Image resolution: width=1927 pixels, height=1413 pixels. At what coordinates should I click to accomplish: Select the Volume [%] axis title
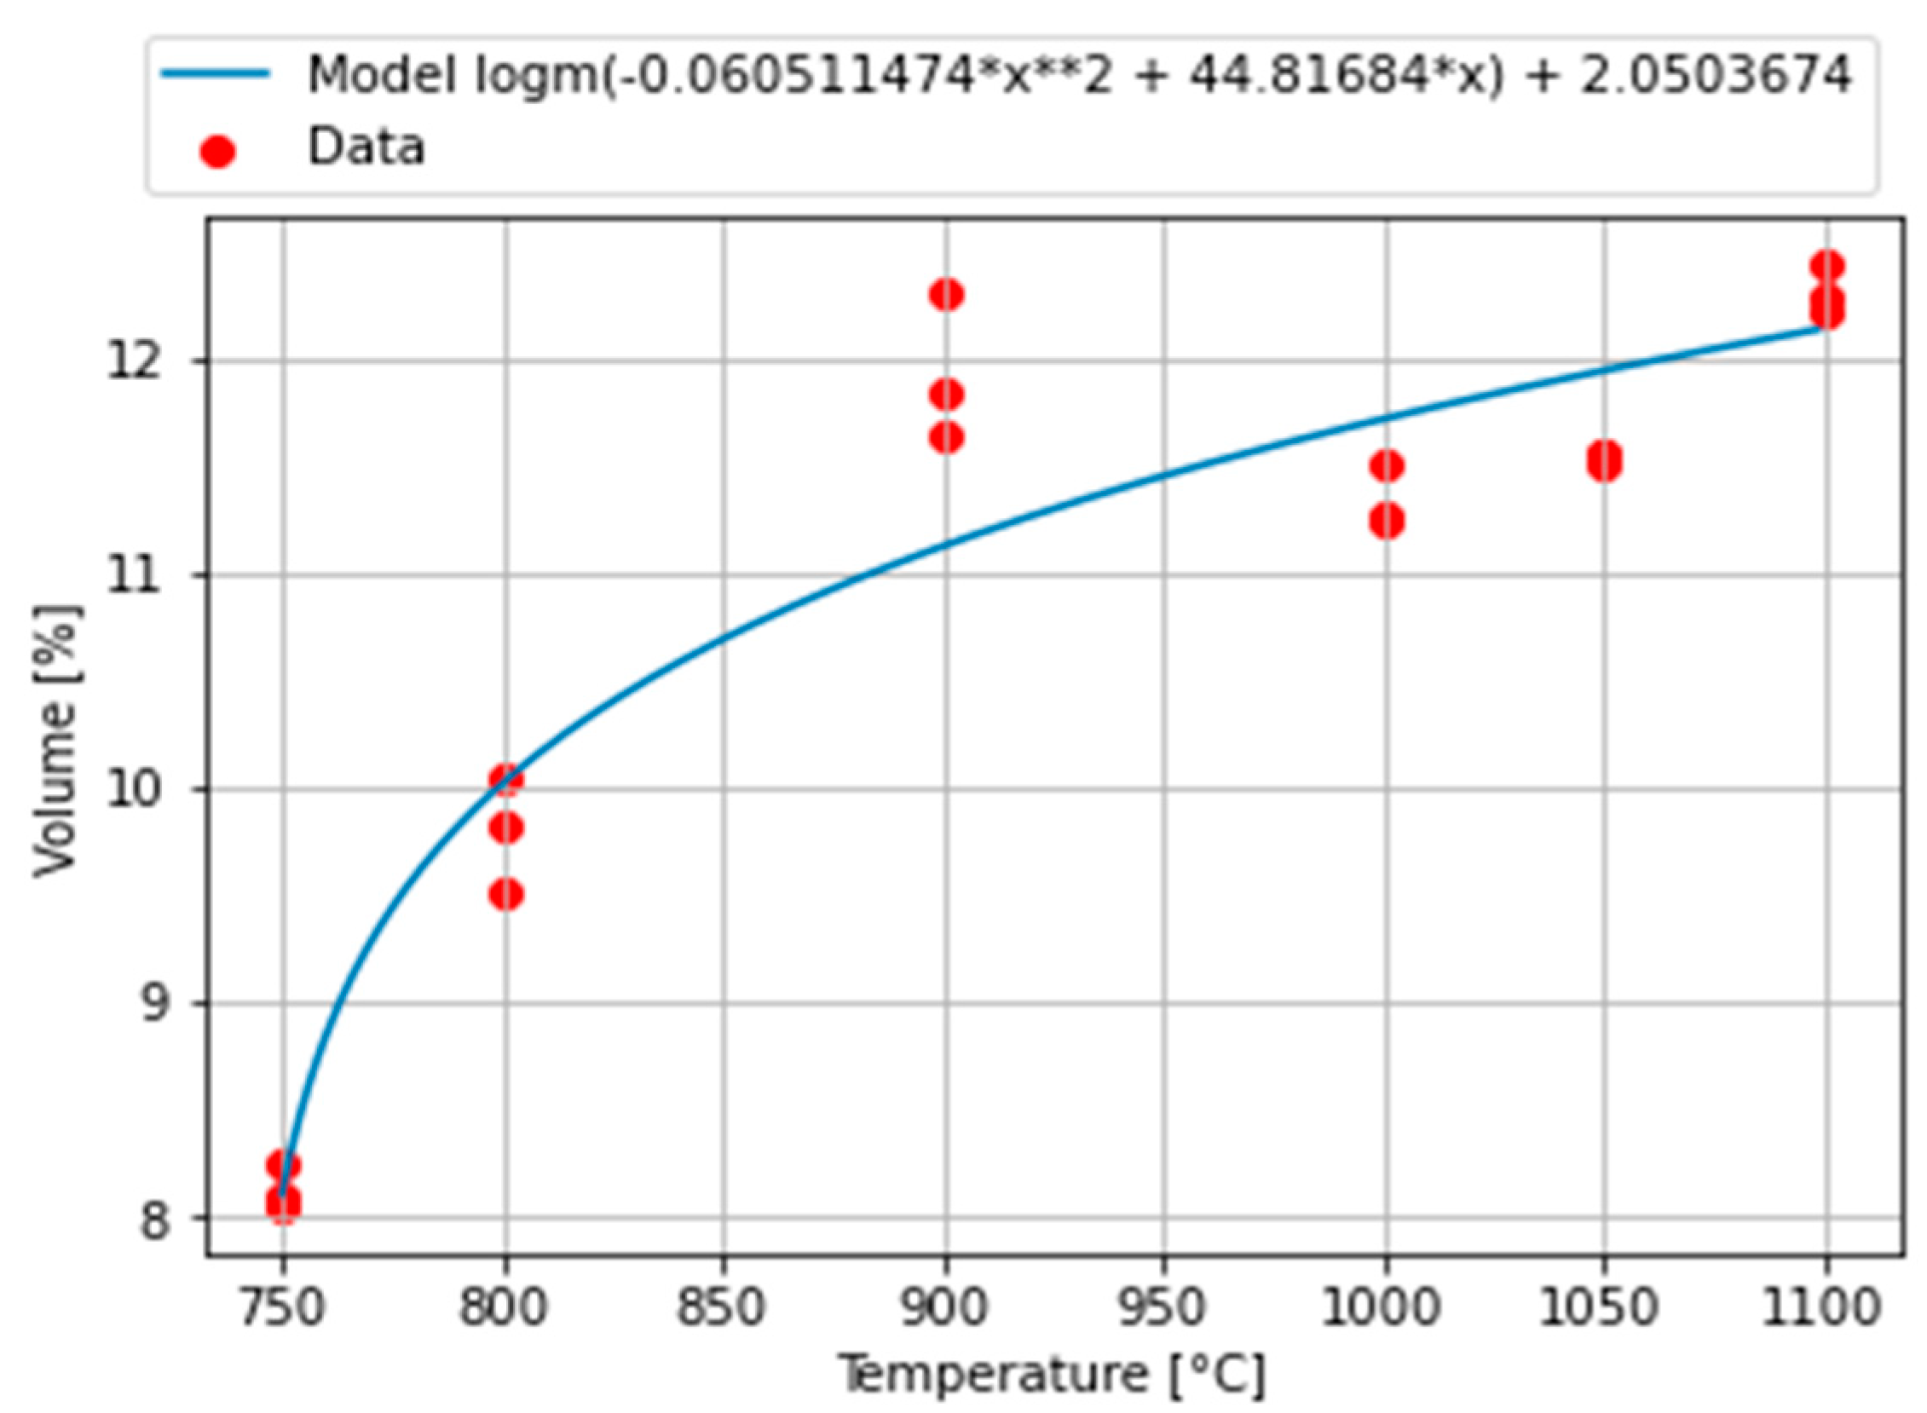[58, 741]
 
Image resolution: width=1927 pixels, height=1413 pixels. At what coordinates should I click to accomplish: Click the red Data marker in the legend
[217, 153]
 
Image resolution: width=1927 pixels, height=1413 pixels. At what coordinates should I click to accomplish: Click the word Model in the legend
[381, 75]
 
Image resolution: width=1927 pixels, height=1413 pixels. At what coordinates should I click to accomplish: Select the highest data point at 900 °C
[945, 295]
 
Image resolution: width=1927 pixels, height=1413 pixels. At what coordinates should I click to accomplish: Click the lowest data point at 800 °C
[505, 896]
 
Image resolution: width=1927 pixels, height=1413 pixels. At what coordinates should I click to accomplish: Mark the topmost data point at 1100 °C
[1827, 267]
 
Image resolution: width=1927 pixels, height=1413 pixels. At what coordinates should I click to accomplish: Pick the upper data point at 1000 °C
[1387, 466]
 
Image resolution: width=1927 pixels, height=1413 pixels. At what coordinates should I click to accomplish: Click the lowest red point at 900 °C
[945, 438]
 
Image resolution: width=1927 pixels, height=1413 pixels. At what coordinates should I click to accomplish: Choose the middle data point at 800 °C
[505, 828]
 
